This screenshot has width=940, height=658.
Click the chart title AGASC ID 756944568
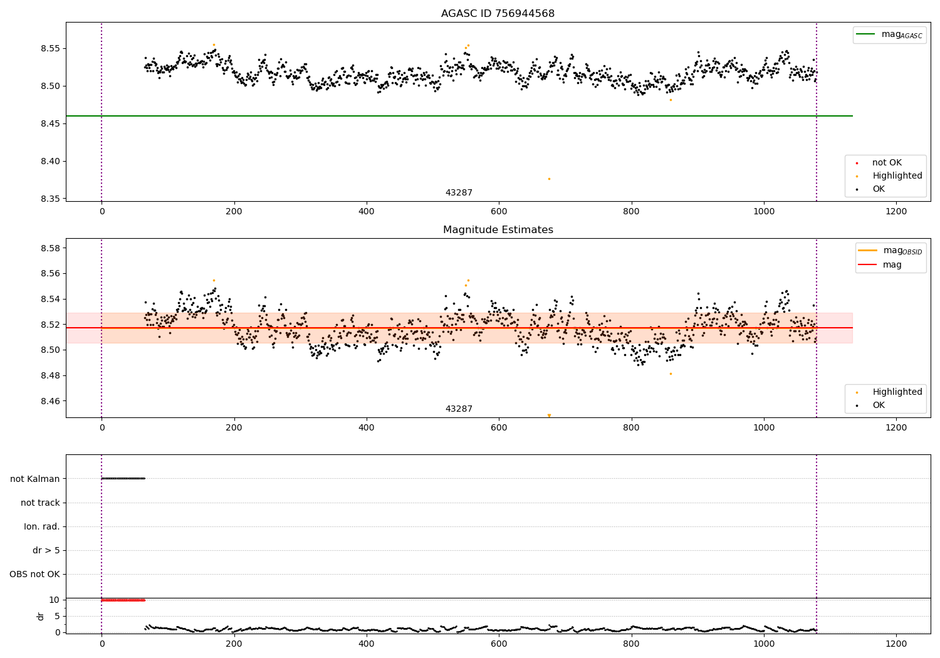click(498, 14)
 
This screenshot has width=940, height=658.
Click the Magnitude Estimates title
click(498, 230)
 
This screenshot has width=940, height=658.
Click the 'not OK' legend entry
click(887, 163)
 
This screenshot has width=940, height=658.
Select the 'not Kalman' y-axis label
click(35, 479)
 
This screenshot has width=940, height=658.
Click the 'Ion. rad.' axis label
click(42, 526)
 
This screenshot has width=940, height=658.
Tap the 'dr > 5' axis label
click(46, 550)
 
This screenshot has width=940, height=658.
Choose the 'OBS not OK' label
click(34, 574)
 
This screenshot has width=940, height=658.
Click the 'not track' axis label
click(40, 503)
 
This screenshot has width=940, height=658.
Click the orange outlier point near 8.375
click(549, 179)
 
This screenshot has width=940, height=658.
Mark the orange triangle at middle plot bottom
click(549, 415)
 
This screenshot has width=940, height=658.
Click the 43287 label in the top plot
click(459, 193)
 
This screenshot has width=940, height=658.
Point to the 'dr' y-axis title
click(41, 616)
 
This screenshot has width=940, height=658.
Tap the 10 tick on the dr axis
click(55, 600)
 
